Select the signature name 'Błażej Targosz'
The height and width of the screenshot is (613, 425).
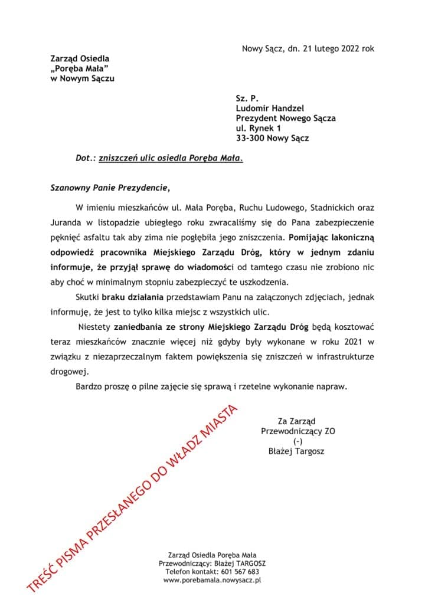(x=296, y=451)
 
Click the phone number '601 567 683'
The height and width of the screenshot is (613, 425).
(x=237, y=572)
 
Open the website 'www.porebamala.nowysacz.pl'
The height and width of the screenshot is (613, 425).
(x=212, y=580)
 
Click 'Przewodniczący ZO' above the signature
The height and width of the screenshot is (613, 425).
(x=298, y=431)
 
